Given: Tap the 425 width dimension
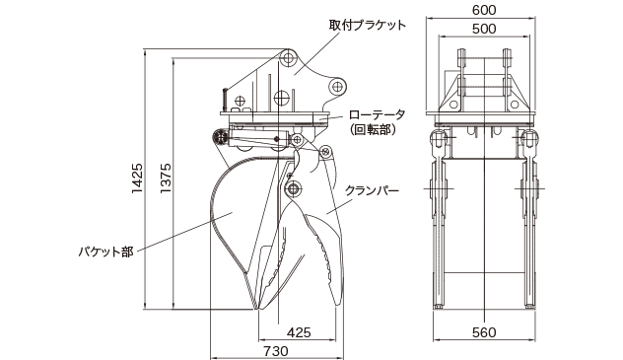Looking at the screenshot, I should tap(302, 332).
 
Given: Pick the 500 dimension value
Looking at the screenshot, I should tap(483, 29).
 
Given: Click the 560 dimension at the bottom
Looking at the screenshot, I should tap(483, 332).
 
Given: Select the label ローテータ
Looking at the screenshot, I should tap(376, 113).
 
